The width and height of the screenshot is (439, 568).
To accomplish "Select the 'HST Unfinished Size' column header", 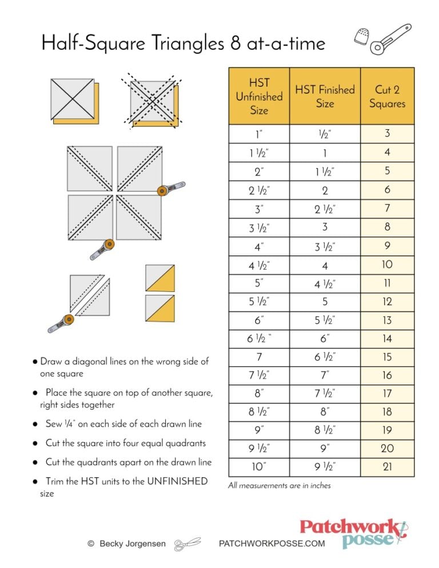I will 259,97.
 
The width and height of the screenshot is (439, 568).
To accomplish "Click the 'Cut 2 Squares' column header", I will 387,97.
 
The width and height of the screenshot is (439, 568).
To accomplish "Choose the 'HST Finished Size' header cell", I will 325,97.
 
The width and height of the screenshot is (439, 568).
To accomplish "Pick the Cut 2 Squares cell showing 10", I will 387,265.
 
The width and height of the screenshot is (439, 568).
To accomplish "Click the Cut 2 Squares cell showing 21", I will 387,467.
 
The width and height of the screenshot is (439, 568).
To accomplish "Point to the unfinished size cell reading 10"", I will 259,467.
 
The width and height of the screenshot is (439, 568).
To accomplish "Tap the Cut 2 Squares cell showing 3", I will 387,134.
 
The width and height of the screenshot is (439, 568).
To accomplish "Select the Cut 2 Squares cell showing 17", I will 387,393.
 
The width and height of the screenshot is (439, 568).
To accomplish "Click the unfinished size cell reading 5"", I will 259,283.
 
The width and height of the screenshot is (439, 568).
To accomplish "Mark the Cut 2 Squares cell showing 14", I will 387,338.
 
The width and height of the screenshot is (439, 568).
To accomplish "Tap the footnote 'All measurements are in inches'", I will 279,486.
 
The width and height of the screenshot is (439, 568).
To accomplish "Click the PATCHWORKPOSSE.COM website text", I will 272,544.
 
